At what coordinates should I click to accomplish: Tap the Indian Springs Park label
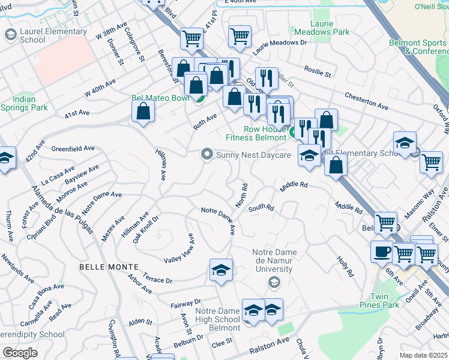[24, 103]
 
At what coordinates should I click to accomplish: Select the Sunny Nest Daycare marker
[208, 155]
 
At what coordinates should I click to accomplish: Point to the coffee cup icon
[382, 251]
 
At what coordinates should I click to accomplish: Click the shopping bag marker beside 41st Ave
[143, 111]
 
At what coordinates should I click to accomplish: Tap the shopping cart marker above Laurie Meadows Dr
[240, 36]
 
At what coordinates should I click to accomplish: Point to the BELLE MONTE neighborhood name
[109, 266]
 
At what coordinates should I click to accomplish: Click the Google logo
[20, 353]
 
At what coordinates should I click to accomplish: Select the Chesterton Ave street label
[366, 100]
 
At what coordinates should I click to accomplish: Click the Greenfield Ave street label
[73, 148]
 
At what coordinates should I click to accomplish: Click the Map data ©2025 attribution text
[423, 355]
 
